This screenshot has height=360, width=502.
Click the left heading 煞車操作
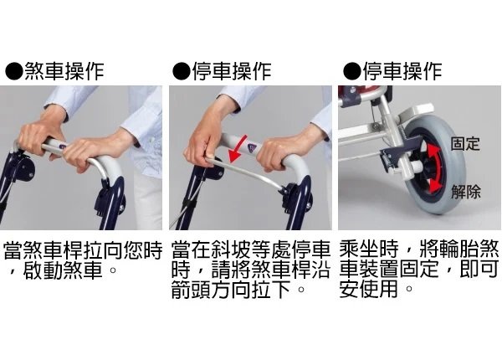click(64, 71)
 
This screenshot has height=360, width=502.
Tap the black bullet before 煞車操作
click(14, 71)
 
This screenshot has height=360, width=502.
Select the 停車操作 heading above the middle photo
click(232, 71)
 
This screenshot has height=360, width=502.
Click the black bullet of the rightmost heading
click(352, 71)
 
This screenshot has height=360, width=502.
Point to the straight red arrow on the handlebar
click(238, 149)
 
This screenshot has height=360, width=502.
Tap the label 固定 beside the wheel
click(465, 143)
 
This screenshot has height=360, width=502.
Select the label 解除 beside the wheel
click(466, 192)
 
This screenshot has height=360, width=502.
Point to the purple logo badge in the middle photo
click(252, 147)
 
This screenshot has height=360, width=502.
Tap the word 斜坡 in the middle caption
click(231, 250)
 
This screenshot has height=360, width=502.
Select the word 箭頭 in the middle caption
click(191, 290)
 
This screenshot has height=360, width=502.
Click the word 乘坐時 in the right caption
click(369, 249)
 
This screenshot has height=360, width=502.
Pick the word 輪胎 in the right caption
click(458, 249)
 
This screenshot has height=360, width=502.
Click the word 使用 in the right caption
click(379, 289)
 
